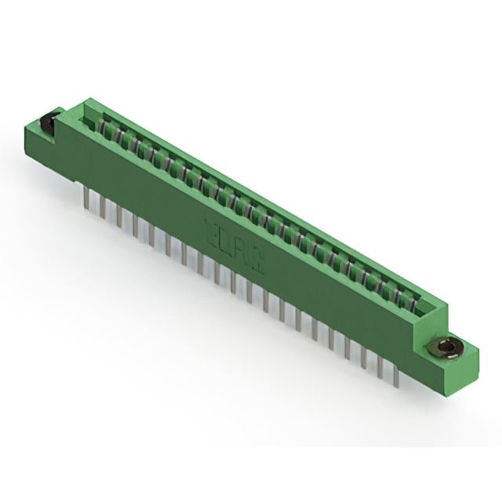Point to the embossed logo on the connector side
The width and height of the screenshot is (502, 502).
tap(235, 245)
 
